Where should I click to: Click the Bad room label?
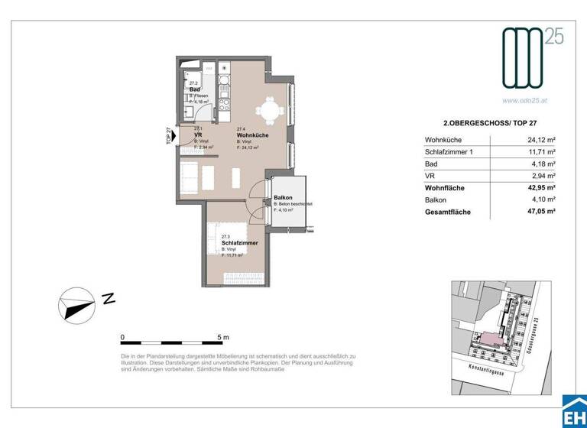coord(194,89)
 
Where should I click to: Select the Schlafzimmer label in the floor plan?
coord(239,243)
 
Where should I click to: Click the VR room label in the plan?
coord(197,135)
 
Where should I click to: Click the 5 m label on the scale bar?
coord(223,337)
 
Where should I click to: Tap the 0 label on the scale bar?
coord(122,337)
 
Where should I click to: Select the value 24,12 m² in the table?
coord(540,140)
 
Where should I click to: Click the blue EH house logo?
coord(573,412)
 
